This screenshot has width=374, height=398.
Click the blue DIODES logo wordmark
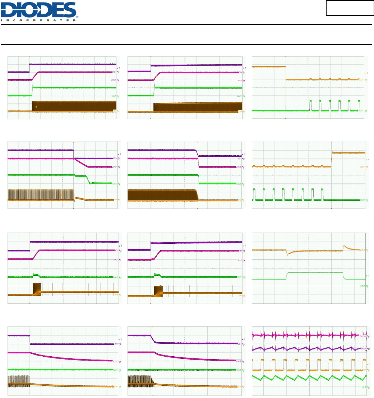(40, 10)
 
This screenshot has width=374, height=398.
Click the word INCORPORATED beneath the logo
(40, 20)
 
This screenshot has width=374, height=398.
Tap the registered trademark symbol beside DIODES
(77, 17)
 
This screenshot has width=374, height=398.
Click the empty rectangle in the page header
(350, 8)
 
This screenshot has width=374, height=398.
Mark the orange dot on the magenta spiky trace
(306, 336)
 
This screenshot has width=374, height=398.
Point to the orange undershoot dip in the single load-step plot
(287, 255)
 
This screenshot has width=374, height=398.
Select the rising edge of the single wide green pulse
(286, 275)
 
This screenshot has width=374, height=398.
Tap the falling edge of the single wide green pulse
(343, 276)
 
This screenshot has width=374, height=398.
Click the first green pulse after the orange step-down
(310, 105)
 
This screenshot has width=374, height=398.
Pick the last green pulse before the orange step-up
(322, 193)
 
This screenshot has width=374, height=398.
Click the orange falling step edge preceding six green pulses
(285, 73)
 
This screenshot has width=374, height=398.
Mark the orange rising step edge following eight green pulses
(332, 159)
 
